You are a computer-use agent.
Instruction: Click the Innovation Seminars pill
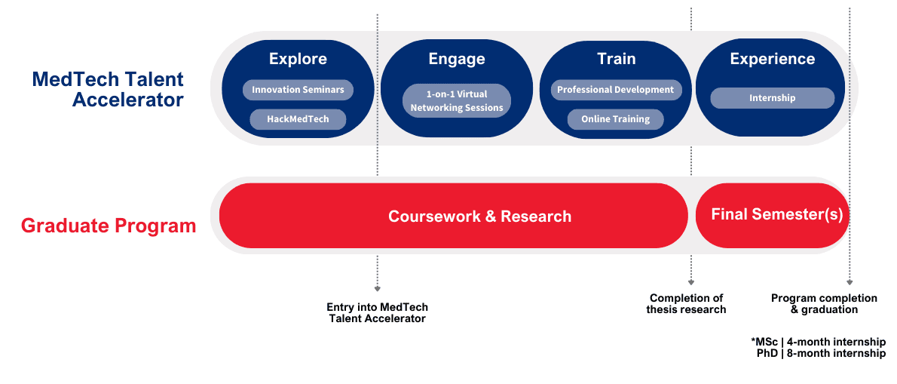(x=298, y=90)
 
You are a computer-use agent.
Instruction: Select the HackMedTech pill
(x=298, y=120)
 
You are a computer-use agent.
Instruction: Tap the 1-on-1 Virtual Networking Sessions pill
(x=457, y=101)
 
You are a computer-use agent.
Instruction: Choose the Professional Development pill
(x=616, y=90)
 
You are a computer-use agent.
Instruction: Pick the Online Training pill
(x=616, y=119)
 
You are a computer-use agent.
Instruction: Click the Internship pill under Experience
(x=773, y=98)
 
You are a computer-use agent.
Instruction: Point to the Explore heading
(x=298, y=59)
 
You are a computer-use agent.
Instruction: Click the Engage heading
(x=457, y=59)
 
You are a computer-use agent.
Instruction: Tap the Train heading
(x=616, y=59)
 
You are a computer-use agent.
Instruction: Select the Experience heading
(x=773, y=59)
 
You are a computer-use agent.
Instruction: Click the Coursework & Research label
(x=479, y=217)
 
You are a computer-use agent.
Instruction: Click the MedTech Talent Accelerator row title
(x=108, y=89)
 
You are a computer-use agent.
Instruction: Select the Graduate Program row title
(x=109, y=226)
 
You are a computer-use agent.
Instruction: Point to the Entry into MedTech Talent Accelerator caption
(x=377, y=313)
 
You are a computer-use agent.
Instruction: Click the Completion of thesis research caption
(x=687, y=304)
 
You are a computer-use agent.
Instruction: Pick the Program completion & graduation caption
(x=824, y=304)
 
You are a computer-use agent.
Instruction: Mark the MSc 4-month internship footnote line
(x=819, y=342)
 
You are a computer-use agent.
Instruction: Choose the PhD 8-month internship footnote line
(x=821, y=353)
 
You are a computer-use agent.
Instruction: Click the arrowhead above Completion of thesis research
(x=691, y=282)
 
